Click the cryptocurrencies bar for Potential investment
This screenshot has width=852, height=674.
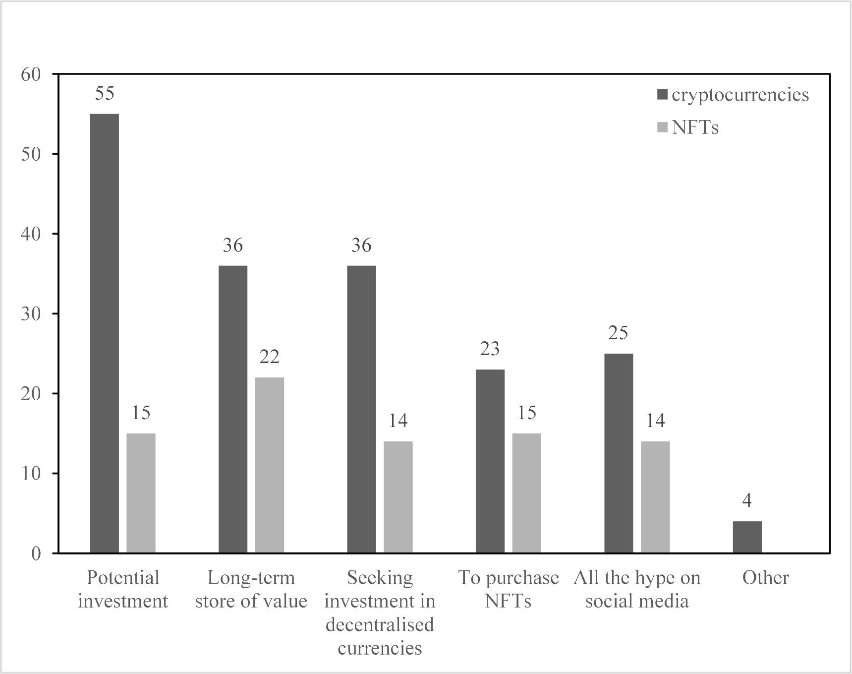(x=104, y=333)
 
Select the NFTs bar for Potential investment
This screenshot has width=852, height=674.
(x=141, y=493)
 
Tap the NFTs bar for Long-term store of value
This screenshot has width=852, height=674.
(x=269, y=465)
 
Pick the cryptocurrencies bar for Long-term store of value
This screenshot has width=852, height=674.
(x=232, y=409)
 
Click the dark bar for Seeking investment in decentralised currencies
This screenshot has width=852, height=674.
(x=361, y=409)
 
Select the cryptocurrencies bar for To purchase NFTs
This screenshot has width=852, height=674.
(x=490, y=461)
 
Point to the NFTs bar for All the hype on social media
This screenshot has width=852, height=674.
(x=655, y=497)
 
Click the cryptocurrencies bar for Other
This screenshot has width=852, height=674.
(x=747, y=537)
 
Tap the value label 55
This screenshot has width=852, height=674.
(x=104, y=93)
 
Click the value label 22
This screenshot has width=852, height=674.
(x=269, y=357)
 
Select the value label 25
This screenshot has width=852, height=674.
(x=618, y=333)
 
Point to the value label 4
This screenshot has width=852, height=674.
(x=747, y=501)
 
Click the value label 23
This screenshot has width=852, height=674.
(x=490, y=349)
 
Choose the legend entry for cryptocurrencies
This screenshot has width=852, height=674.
(x=734, y=95)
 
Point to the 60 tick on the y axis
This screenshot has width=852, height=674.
(x=31, y=74)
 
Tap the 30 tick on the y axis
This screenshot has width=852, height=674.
(x=31, y=314)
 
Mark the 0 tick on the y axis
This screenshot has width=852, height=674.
(x=36, y=553)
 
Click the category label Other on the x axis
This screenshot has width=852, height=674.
(x=765, y=578)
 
